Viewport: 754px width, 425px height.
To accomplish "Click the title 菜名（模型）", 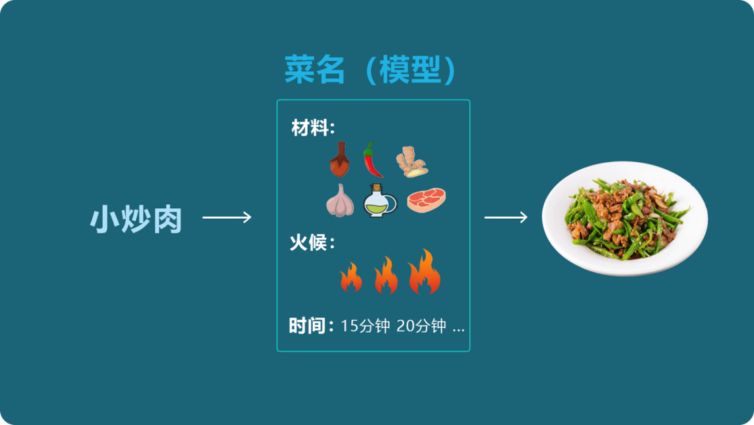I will click(x=371, y=70).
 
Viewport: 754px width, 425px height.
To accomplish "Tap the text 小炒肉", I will click(x=136, y=219).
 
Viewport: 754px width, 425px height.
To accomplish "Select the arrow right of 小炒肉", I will click(x=227, y=218).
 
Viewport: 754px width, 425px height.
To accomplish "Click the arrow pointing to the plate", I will click(x=506, y=218).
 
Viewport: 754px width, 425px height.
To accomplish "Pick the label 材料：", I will click(x=313, y=129).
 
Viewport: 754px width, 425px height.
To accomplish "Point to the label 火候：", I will click(x=312, y=243).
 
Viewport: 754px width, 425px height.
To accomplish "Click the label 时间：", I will click(x=311, y=326).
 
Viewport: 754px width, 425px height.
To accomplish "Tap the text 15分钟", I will click(x=365, y=326).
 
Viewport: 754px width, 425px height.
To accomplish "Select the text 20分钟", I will click(x=421, y=326).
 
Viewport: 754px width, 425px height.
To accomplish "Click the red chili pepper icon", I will click(x=372, y=160).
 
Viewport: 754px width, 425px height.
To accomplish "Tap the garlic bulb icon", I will click(x=339, y=201).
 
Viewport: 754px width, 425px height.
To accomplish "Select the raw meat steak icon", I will click(x=427, y=201).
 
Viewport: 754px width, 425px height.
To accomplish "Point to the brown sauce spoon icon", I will click(x=339, y=160).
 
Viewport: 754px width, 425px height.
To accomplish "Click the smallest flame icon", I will click(x=350, y=277).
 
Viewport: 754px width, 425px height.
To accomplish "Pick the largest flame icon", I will click(x=424, y=272).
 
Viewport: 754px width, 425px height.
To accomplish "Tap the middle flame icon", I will click(x=386, y=275).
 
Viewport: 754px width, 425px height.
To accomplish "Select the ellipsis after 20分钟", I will click(x=458, y=328).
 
